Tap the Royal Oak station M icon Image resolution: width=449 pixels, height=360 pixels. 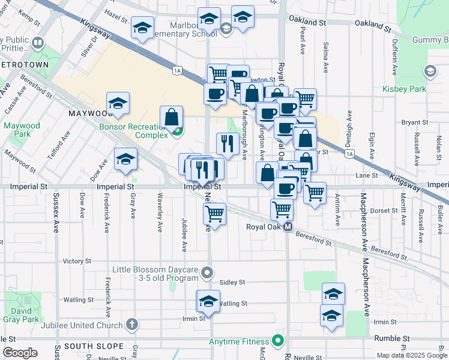(288, 227)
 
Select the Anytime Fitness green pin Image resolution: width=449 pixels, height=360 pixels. (277, 341)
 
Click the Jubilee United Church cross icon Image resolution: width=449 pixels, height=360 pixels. (132, 325)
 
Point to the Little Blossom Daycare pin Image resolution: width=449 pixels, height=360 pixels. (207, 273)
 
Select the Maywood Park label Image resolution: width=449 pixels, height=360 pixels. (21, 130)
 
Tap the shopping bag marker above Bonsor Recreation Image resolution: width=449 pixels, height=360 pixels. (172, 116)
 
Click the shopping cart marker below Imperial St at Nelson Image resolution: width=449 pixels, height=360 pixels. (214, 213)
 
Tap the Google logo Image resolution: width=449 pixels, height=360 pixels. (20, 353)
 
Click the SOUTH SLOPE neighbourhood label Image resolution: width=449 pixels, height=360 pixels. (89, 346)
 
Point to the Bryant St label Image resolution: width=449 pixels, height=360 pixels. (414, 122)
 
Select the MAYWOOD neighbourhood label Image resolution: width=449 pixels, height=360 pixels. (91, 113)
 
